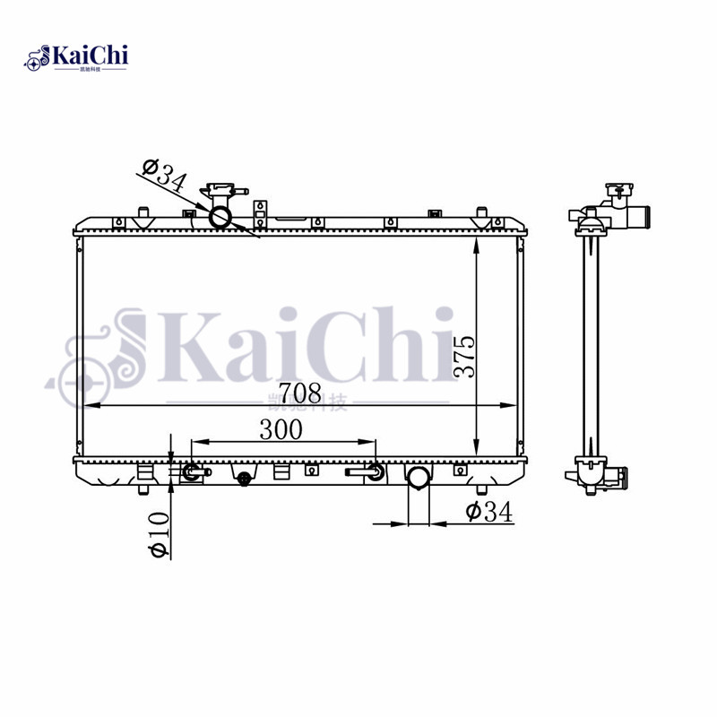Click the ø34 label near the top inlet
(x=163, y=175)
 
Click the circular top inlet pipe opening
(x=220, y=217)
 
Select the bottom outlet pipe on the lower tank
(x=419, y=478)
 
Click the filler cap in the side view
(x=618, y=191)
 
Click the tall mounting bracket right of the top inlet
(x=261, y=213)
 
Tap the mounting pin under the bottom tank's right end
(x=480, y=488)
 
